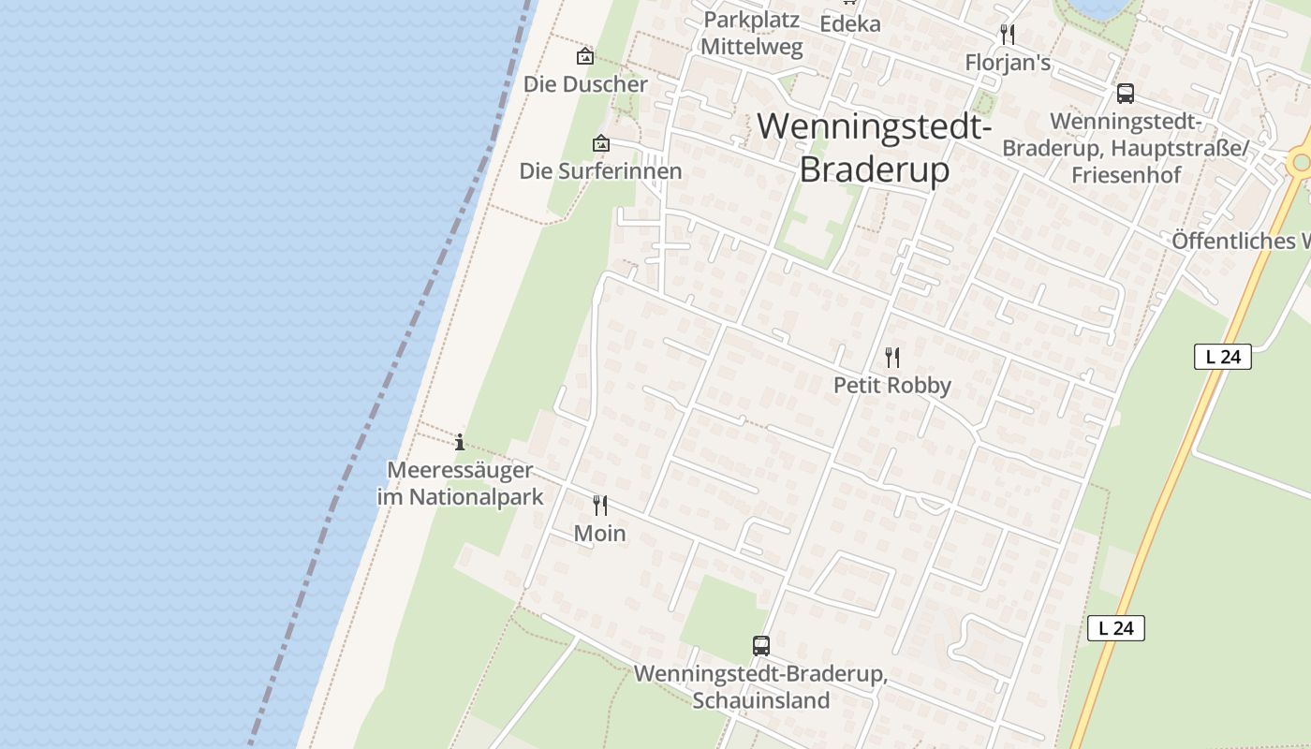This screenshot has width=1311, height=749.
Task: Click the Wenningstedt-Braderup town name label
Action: click(x=874, y=147)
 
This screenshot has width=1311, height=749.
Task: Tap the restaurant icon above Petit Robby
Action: click(x=892, y=357)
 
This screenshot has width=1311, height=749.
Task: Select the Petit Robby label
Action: click(x=892, y=386)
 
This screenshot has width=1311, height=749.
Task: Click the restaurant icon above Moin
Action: click(x=600, y=506)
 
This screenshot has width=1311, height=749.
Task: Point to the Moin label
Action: click(x=600, y=534)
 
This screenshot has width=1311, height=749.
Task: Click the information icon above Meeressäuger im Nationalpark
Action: click(x=460, y=442)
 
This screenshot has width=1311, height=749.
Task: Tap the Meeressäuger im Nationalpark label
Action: click(x=460, y=483)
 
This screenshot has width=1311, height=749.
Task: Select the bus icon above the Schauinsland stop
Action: click(x=761, y=645)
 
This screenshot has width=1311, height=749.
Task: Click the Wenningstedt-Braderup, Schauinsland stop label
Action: click(x=760, y=687)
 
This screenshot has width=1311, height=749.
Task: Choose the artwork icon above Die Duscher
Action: click(x=585, y=56)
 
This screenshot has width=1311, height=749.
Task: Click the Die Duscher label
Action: click(x=585, y=84)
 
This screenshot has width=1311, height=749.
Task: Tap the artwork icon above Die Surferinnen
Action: click(x=601, y=143)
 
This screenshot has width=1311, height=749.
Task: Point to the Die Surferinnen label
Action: click(x=601, y=171)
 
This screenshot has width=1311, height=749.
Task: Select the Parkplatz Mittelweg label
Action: click(x=752, y=33)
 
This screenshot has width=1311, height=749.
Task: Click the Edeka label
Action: click(x=850, y=23)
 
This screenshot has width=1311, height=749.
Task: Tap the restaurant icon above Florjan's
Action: click(x=1008, y=35)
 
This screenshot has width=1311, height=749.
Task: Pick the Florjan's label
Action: click(x=1008, y=63)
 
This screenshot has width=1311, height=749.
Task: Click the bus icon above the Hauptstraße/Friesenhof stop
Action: click(x=1126, y=94)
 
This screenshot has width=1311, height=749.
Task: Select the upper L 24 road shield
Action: click(x=1223, y=357)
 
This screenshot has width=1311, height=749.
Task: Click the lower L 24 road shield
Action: click(x=1116, y=628)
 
